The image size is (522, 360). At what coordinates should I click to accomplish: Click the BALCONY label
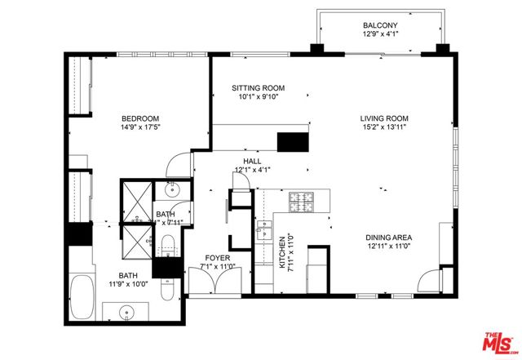(x=379, y=24)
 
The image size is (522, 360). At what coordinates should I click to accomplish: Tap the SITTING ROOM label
(x=258, y=87)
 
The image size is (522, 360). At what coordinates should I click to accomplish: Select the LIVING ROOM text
(x=383, y=118)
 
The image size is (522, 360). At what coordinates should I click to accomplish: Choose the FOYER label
(x=218, y=257)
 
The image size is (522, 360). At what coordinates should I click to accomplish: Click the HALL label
(x=252, y=162)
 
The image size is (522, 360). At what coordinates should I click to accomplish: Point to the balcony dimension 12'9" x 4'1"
(x=379, y=34)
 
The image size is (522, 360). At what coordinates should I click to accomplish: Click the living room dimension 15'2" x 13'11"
(x=383, y=127)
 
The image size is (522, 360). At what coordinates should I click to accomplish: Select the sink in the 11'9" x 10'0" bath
(x=128, y=312)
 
